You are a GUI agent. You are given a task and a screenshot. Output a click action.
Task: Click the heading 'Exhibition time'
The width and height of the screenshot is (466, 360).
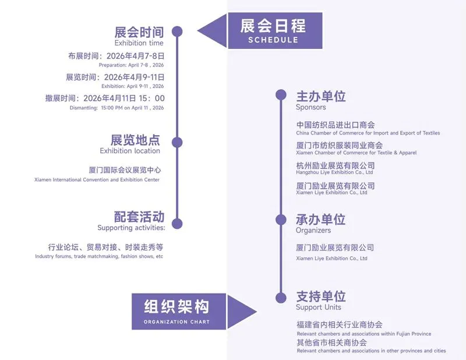pos(139,43)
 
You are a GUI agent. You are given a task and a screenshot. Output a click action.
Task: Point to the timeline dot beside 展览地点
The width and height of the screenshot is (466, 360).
pos(178,142)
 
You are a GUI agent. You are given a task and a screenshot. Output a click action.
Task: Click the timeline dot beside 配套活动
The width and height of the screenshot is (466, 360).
pos(178,224)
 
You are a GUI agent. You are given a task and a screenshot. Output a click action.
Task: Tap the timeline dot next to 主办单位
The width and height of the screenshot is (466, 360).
pos(281,94)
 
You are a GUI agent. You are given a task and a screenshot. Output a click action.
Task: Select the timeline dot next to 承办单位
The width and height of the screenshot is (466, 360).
pos(281,219)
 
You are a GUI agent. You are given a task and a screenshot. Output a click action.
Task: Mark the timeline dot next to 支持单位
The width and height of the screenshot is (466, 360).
pos(281,297)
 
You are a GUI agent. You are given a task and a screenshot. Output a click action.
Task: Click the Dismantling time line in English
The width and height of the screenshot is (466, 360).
pos(125,108)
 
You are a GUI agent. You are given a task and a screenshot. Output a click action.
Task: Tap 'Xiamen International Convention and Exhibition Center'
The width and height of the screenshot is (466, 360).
pos(97,180)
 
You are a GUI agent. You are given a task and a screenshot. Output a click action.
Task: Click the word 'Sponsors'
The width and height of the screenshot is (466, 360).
pos(310,107)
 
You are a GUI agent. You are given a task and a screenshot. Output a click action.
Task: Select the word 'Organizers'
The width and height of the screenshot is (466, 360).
pos(313,231)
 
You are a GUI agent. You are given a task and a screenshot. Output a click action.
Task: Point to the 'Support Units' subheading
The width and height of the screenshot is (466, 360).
pos(318,308)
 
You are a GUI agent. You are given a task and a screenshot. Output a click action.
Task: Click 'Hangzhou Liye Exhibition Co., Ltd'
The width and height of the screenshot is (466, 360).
pos(334,172)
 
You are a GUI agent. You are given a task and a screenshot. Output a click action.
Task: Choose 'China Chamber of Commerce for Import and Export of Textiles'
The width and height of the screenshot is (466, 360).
pos(368,133)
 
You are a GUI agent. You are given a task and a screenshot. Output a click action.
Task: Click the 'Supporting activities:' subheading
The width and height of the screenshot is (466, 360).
pos(131,228)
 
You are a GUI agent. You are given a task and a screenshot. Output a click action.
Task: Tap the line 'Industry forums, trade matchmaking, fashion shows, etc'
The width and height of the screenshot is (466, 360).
pos(99,256)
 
